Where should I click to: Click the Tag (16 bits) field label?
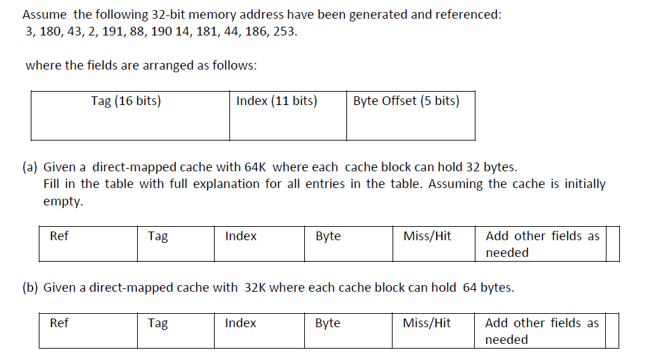(126, 101)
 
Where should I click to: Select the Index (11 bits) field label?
(276, 101)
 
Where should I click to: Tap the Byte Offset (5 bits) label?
(406, 101)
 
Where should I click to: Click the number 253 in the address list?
(284, 31)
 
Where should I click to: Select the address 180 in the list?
(51, 31)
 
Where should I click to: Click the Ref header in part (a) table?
(59, 236)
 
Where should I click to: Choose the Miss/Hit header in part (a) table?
(427, 236)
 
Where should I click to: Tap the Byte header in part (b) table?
(328, 323)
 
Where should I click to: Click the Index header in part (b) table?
(240, 323)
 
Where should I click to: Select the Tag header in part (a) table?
(158, 236)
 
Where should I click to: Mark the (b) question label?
(31, 288)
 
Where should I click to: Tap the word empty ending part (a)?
(62, 201)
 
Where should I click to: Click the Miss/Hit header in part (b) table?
(427, 323)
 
